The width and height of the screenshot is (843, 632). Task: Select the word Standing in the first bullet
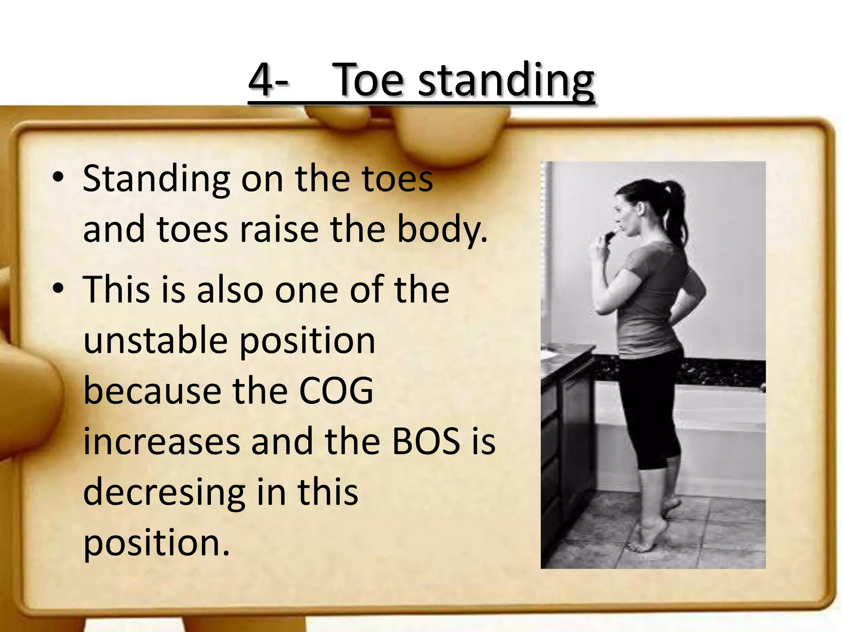pyautogui.click(x=156, y=179)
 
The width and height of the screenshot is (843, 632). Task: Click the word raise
pyautogui.click(x=279, y=229)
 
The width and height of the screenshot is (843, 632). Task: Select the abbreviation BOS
pyautogui.click(x=426, y=441)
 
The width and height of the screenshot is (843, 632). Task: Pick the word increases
pyautogui.click(x=162, y=441)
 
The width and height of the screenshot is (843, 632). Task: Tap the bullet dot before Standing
pyautogui.click(x=58, y=178)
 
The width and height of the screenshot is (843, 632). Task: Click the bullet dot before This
pyautogui.click(x=58, y=288)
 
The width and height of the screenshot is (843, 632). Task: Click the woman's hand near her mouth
pyautogui.click(x=605, y=241)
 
